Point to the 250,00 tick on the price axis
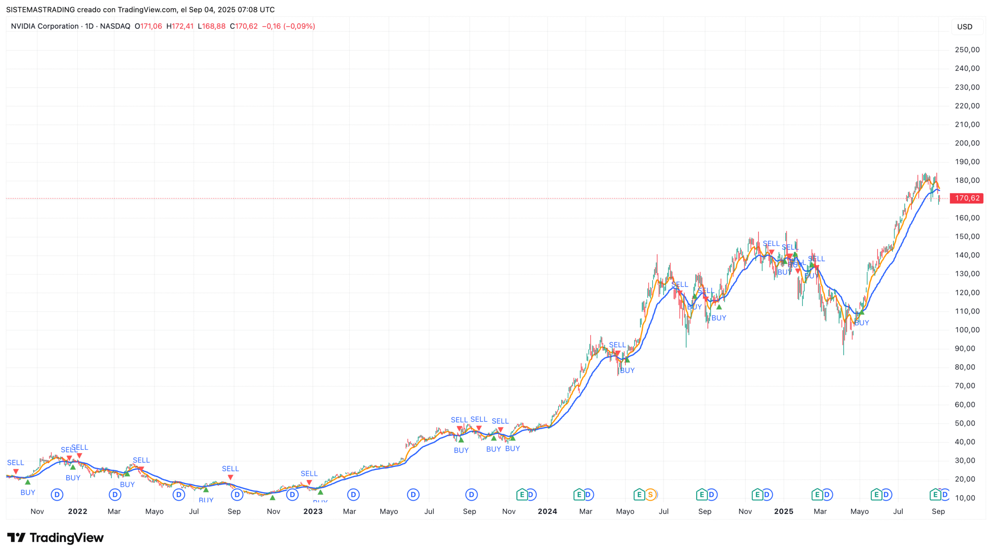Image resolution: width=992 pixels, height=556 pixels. coord(967,50)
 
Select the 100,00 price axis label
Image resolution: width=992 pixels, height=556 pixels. coord(967,330)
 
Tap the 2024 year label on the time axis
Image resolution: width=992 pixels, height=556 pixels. coord(547,511)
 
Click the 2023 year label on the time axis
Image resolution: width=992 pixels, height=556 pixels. coord(313,511)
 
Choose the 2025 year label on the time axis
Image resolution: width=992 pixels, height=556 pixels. coord(783,511)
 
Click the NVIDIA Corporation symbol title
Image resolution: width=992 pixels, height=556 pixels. coord(45,26)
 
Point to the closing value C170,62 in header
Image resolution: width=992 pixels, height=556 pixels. coord(244,26)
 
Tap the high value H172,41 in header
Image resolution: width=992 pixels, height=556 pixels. coord(180,26)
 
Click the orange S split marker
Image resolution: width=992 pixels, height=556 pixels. coord(651,494)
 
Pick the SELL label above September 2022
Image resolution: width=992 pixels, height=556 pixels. coord(230,469)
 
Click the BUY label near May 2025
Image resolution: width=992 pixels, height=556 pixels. coord(861,323)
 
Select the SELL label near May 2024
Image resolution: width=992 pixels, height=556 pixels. coord(617,345)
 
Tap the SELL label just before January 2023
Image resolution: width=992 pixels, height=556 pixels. coord(309,473)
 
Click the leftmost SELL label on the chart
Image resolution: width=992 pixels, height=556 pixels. coord(15,463)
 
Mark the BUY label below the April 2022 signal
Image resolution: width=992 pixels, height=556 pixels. coord(127,484)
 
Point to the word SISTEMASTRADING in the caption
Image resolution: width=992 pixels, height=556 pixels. coord(40,9)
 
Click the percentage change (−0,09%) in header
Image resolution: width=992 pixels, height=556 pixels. coord(299,26)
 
